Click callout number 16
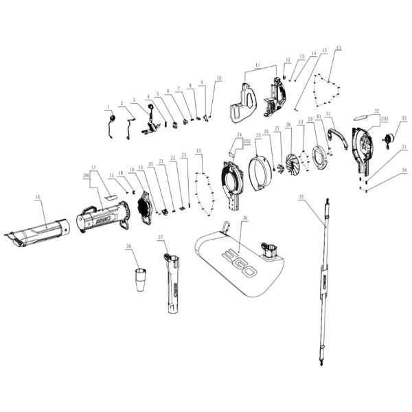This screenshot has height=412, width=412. (x=36, y=197)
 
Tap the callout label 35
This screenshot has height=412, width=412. (x=301, y=196)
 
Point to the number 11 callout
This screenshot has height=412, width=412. (x=257, y=65)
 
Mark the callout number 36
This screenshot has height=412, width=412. (x=245, y=219)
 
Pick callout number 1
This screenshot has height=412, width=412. (x=108, y=106)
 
